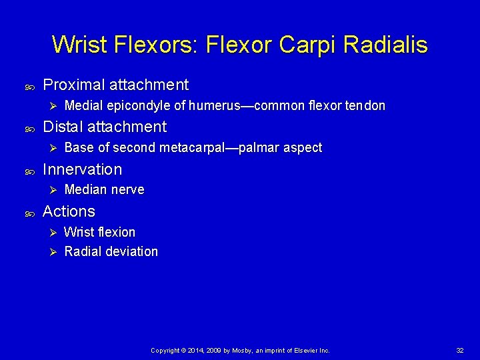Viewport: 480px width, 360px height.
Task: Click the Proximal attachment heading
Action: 115,85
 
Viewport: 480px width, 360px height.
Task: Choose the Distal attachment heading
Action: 104,127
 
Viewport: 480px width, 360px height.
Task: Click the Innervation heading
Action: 82,169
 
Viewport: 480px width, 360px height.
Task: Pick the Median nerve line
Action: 104,190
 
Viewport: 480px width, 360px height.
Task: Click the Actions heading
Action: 69,211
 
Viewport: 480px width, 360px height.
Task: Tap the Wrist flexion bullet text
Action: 100,232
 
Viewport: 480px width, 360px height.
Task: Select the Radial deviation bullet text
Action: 111,251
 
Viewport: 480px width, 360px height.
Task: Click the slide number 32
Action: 460,350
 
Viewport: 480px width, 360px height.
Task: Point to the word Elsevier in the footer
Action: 304,350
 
